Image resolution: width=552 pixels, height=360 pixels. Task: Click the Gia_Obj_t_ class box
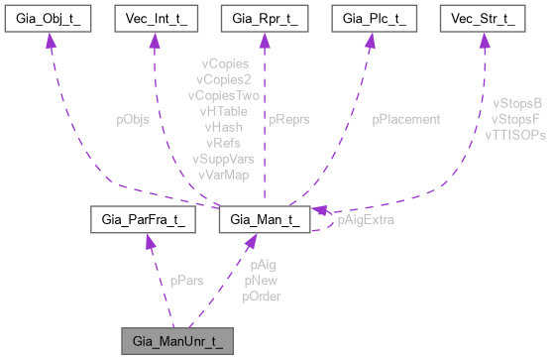[50, 19]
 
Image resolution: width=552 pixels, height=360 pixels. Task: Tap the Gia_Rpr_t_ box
[262, 19]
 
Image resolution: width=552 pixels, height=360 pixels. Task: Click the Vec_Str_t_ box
[484, 19]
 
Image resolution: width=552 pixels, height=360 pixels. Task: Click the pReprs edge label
[289, 118]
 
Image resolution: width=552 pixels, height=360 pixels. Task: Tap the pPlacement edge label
[406, 118]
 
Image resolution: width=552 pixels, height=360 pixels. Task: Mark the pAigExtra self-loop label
[366, 219]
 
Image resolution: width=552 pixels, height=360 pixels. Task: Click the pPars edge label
[186, 281]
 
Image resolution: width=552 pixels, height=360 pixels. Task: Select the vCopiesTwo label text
[223, 95]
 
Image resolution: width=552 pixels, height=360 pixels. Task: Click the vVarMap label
[223, 175]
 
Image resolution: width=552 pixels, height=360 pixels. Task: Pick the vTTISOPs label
[514, 134]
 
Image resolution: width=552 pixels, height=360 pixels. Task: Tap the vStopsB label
[517, 102]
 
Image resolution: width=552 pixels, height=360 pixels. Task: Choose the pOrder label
[262, 297]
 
